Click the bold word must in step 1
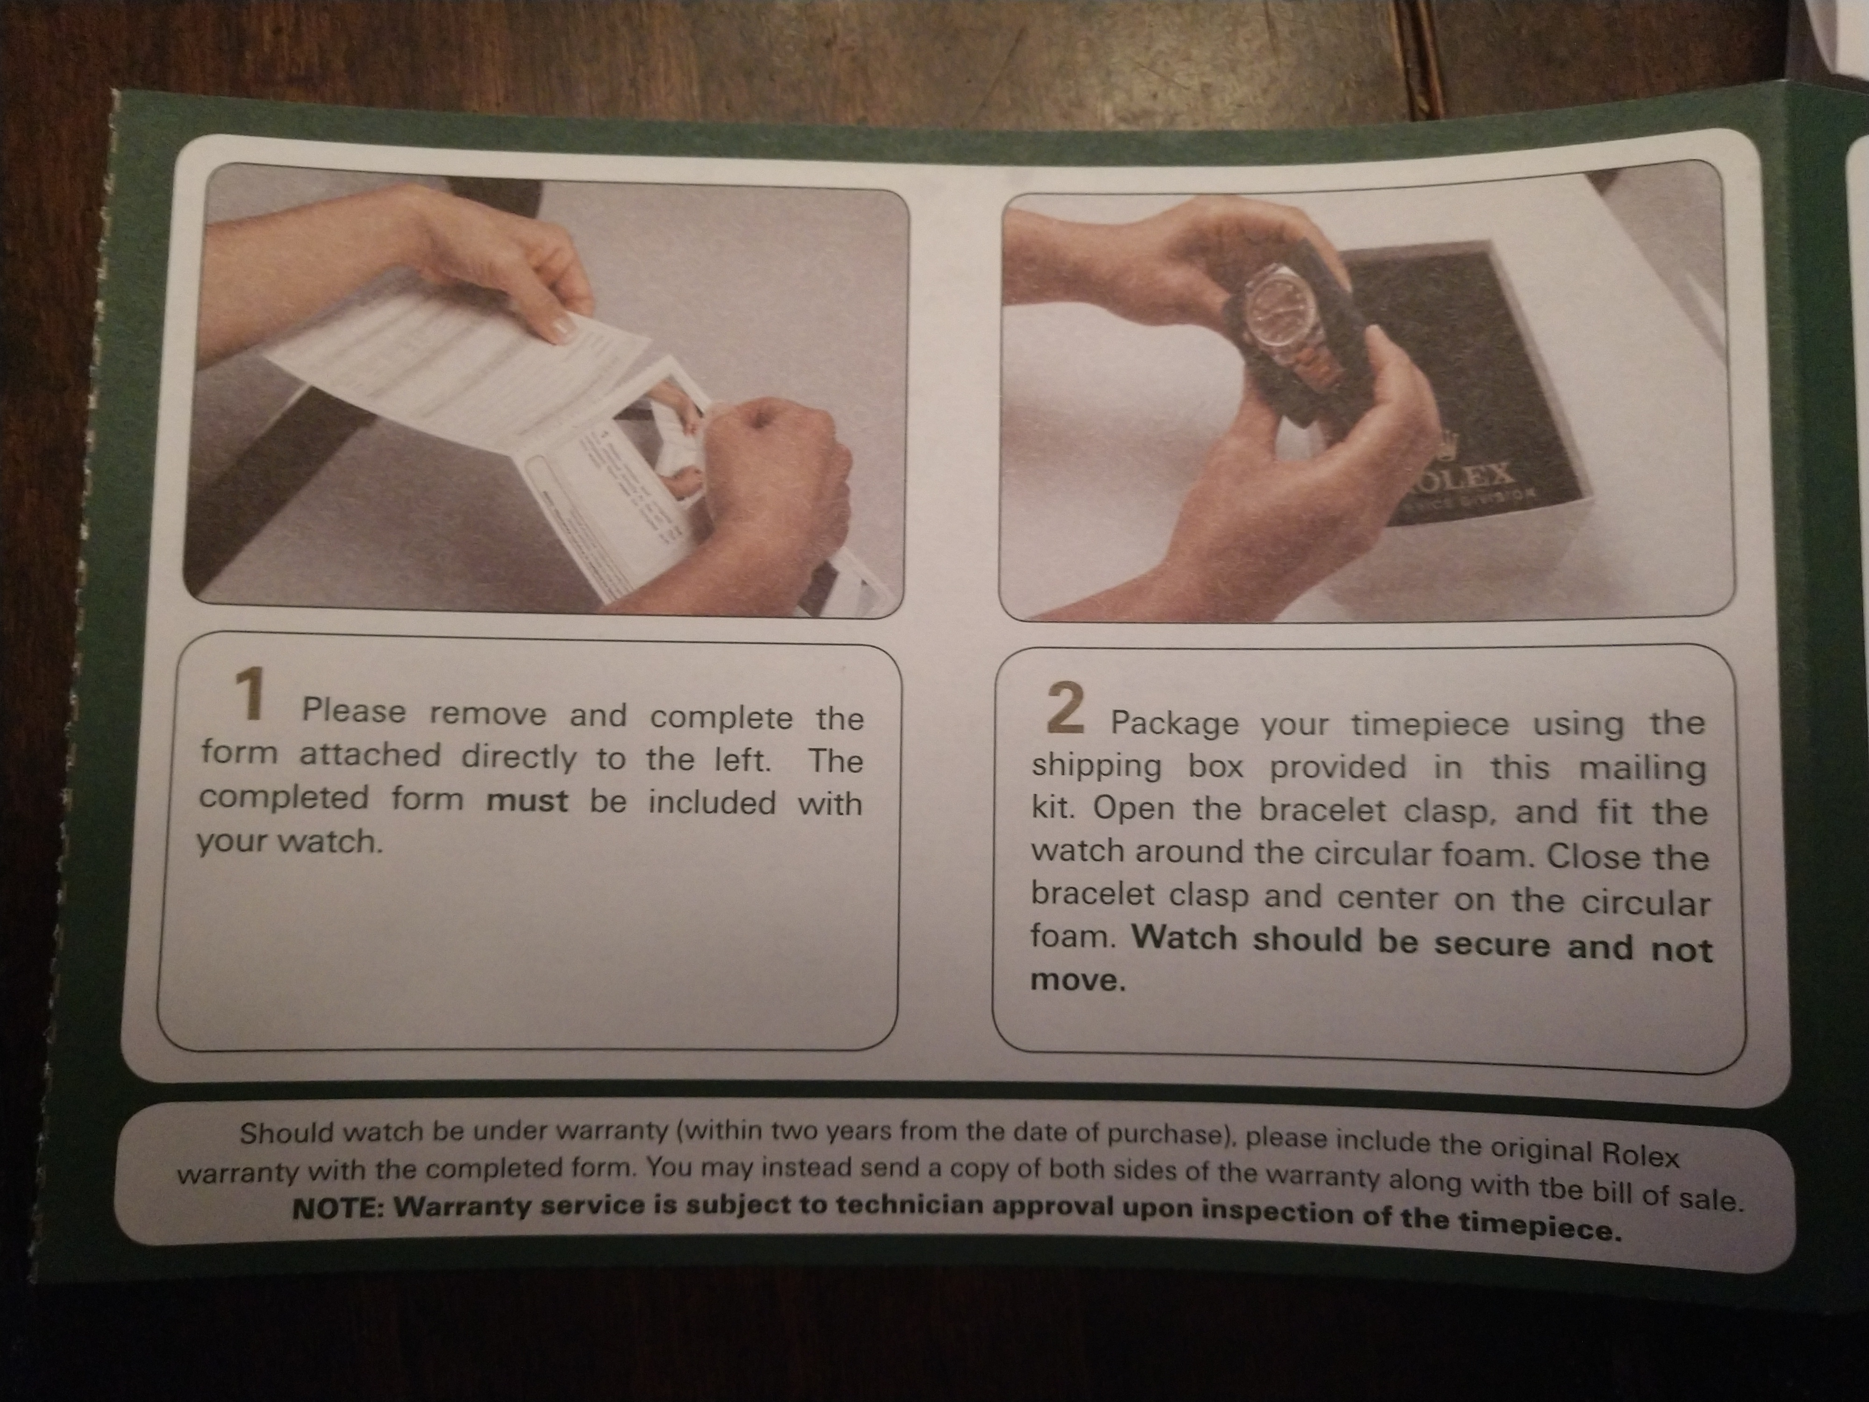point(527,800)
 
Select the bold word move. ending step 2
point(1078,980)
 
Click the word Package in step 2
point(1175,723)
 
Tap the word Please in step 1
point(354,711)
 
